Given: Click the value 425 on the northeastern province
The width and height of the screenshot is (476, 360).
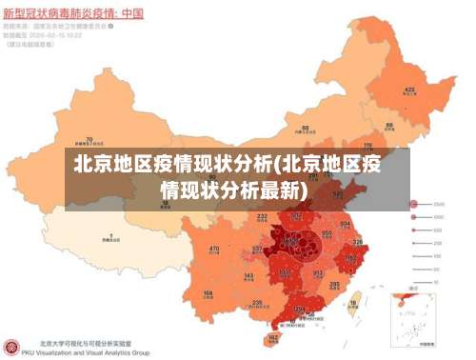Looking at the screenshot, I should (409, 90).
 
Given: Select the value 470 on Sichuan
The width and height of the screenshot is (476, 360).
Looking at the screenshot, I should (214, 250).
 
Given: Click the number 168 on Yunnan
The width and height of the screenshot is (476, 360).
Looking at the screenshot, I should (208, 293).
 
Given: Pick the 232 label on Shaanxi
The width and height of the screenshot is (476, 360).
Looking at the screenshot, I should (262, 216).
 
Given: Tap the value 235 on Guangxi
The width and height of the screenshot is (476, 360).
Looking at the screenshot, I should (257, 302).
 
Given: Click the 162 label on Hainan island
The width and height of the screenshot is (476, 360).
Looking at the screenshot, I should (274, 337).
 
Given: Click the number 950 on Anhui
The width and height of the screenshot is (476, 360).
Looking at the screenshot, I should (327, 232).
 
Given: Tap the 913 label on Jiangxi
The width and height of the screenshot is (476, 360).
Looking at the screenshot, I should (318, 272).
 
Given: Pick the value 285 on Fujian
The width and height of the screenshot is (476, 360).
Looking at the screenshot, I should (335, 284).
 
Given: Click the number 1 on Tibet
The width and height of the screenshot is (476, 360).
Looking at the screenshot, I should (111, 235).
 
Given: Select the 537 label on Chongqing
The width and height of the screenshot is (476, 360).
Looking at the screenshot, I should (257, 250).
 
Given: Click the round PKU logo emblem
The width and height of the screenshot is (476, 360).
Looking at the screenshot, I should (13, 348).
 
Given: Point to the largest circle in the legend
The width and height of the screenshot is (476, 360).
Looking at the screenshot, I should (415, 204).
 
